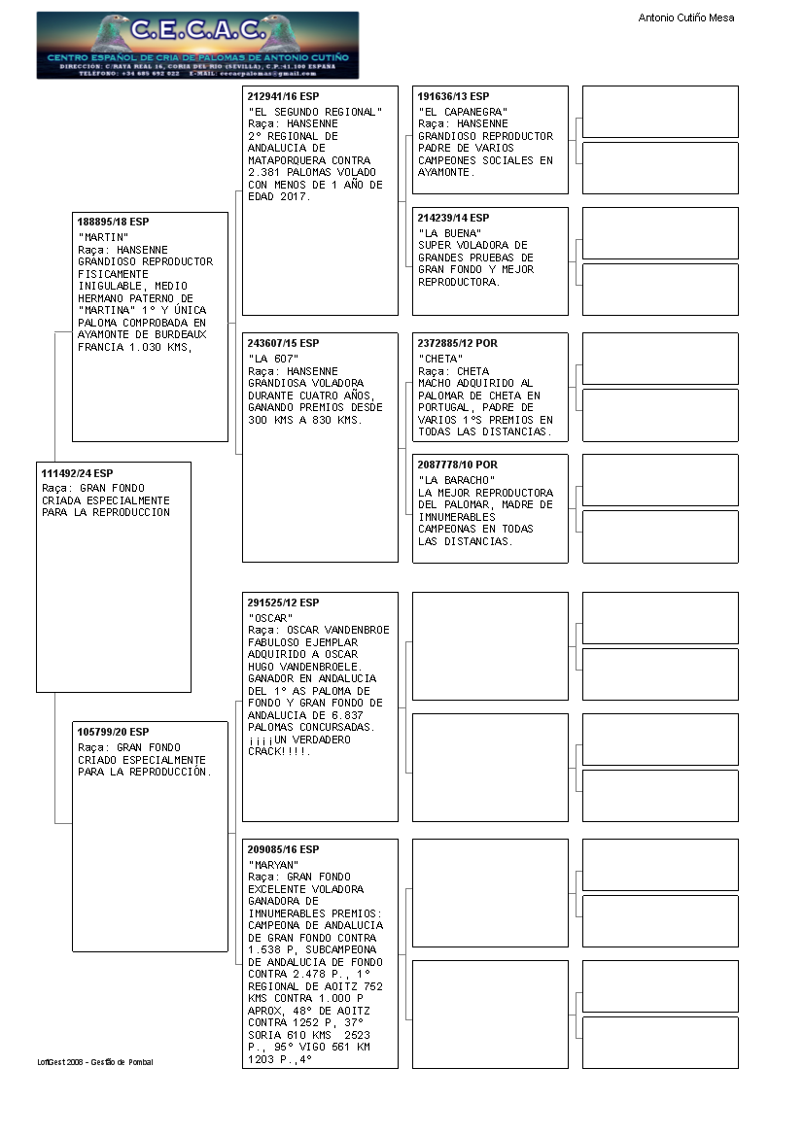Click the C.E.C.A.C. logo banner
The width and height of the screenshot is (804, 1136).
click(197, 46)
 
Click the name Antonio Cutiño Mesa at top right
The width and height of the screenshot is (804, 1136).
click(685, 17)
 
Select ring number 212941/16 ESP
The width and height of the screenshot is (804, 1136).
click(283, 97)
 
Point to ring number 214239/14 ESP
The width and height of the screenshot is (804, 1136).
click(453, 218)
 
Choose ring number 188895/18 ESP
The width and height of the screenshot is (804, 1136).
click(113, 223)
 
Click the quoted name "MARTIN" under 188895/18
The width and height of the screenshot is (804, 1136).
click(103, 237)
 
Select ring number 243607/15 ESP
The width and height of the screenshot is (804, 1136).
click(283, 343)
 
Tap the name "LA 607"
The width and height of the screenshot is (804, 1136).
click(273, 359)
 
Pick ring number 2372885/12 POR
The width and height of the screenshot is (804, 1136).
click(457, 343)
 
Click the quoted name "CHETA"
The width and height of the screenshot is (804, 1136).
click(440, 359)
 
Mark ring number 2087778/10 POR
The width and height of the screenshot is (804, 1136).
click(457, 465)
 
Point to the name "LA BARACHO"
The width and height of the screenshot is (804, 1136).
click(457, 480)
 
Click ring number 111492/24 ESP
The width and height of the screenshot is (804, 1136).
click(77, 473)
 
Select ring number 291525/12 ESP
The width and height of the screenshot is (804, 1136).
click(283, 602)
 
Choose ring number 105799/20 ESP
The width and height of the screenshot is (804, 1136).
click(113, 732)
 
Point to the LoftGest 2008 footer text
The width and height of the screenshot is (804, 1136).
click(95, 1062)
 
